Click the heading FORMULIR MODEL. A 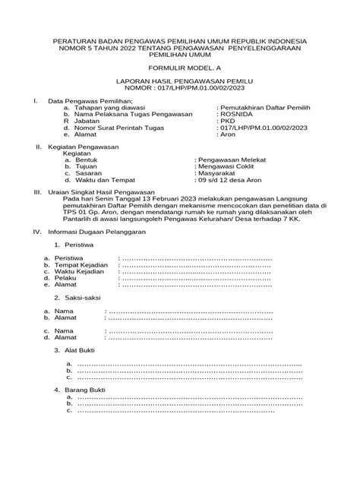pos(179,68)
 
